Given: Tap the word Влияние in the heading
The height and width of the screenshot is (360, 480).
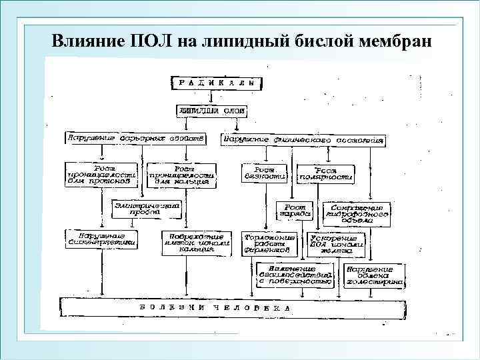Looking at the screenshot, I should tap(85, 40).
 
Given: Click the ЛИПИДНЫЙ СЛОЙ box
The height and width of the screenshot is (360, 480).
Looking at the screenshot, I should tap(211, 111).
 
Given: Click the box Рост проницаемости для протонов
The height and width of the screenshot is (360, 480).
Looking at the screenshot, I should tap(101, 174).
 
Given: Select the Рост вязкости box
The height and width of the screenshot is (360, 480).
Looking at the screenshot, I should tap(265, 173).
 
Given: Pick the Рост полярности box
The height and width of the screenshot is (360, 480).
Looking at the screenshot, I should tap(325, 174).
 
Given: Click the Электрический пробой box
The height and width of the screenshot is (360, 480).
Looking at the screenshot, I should tap(147, 210).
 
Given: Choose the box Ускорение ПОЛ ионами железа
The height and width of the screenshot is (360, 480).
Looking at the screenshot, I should tap(335, 244).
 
